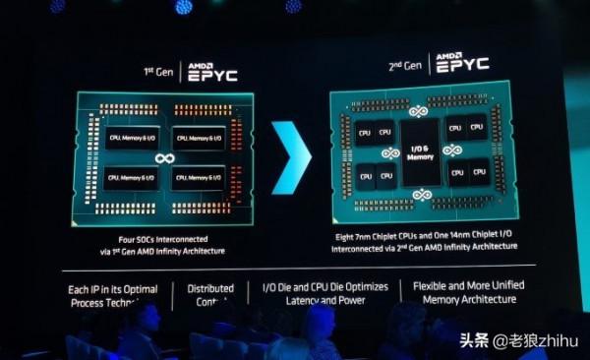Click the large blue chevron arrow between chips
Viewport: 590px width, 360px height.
click(291, 157)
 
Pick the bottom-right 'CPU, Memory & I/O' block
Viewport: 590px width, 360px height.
click(198, 178)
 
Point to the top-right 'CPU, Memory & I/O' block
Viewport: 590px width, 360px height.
click(198, 139)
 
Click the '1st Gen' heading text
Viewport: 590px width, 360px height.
click(157, 72)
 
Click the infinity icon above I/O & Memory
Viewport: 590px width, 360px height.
click(421, 112)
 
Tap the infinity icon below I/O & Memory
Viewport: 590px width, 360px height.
click(421, 195)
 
